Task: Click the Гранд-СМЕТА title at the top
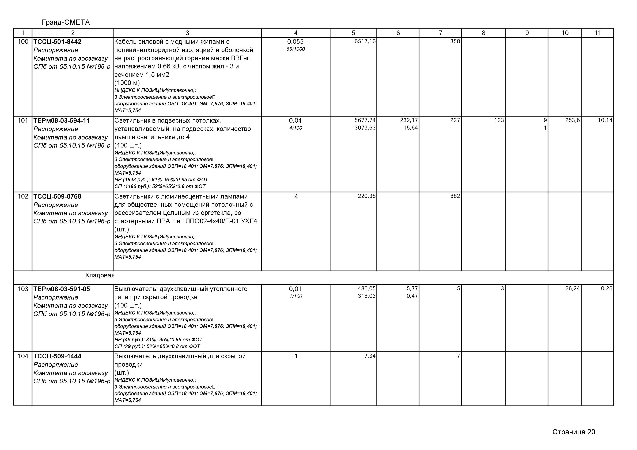(66, 22)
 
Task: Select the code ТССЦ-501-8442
(57, 42)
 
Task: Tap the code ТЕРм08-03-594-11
(62, 121)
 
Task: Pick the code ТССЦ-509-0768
(57, 197)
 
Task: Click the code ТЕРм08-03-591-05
(62, 289)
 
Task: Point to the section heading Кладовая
(100, 276)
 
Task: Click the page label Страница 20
(574, 432)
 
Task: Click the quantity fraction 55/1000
(295, 49)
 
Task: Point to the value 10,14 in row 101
(605, 121)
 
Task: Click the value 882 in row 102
(455, 196)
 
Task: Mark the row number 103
(23, 289)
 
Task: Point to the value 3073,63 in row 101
(365, 128)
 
